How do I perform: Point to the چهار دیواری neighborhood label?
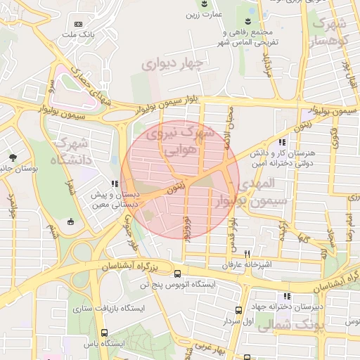(172, 65)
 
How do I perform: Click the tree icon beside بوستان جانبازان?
(12, 156)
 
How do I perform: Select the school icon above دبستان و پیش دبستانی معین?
(115, 184)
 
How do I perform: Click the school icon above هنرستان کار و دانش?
(282, 143)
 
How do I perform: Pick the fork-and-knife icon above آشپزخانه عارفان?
(247, 254)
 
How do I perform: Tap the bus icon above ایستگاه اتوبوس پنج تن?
(176, 273)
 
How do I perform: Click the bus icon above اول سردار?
(239, 309)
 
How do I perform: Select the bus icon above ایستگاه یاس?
(105, 333)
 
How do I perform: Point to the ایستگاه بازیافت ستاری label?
(107, 308)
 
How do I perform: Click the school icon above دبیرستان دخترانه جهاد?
(286, 296)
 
